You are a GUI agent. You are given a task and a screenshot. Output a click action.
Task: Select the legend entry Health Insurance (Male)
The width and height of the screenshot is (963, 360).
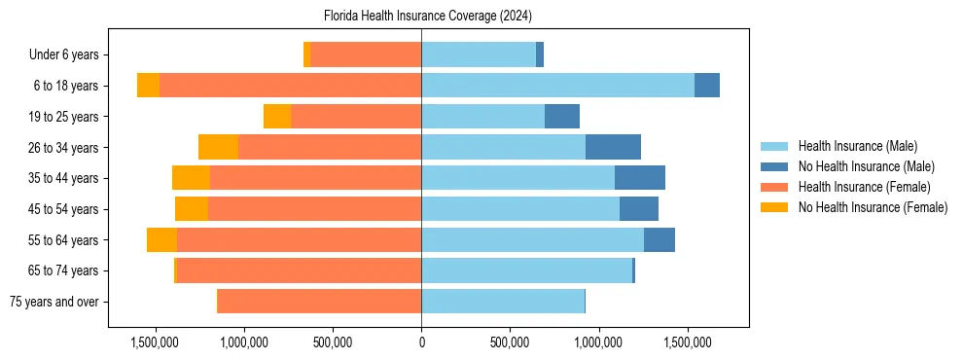click(x=857, y=146)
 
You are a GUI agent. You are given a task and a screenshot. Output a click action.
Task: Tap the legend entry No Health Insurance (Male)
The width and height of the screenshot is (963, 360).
click(x=866, y=166)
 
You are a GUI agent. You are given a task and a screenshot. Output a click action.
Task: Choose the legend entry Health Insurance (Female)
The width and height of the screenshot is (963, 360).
click(x=864, y=187)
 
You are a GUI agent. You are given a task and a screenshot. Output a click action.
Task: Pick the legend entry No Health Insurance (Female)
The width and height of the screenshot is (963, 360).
click(x=873, y=207)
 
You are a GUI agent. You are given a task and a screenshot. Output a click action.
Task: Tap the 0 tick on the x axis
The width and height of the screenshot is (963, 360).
click(x=421, y=342)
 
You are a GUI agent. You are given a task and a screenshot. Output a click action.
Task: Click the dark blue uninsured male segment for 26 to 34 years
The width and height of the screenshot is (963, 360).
click(x=613, y=147)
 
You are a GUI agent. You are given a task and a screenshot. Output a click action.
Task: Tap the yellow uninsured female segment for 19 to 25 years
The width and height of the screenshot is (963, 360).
click(x=277, y=117)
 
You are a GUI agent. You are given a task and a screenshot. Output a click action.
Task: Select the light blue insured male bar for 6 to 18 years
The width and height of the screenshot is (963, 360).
click(x=557, y=86)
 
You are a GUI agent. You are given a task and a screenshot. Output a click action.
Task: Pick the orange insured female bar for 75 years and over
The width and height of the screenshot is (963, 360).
click(x=319, y=302)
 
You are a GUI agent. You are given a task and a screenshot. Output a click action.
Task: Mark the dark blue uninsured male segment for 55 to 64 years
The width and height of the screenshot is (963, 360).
click(x=660, y=239)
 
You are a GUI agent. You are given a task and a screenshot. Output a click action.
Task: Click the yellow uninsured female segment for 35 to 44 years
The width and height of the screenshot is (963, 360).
click(x=191, y=178)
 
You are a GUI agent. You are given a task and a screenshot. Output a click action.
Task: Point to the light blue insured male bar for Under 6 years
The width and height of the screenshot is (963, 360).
click(x=479, y=54)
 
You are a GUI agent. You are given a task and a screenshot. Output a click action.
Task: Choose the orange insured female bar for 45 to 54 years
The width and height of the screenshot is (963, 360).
click(x=314, y=209)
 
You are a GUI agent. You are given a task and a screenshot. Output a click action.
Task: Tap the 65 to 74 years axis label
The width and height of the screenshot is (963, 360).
click(x=63, y=270)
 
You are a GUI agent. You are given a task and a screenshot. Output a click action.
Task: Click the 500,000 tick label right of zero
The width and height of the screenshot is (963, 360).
click(x=510, y=342)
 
